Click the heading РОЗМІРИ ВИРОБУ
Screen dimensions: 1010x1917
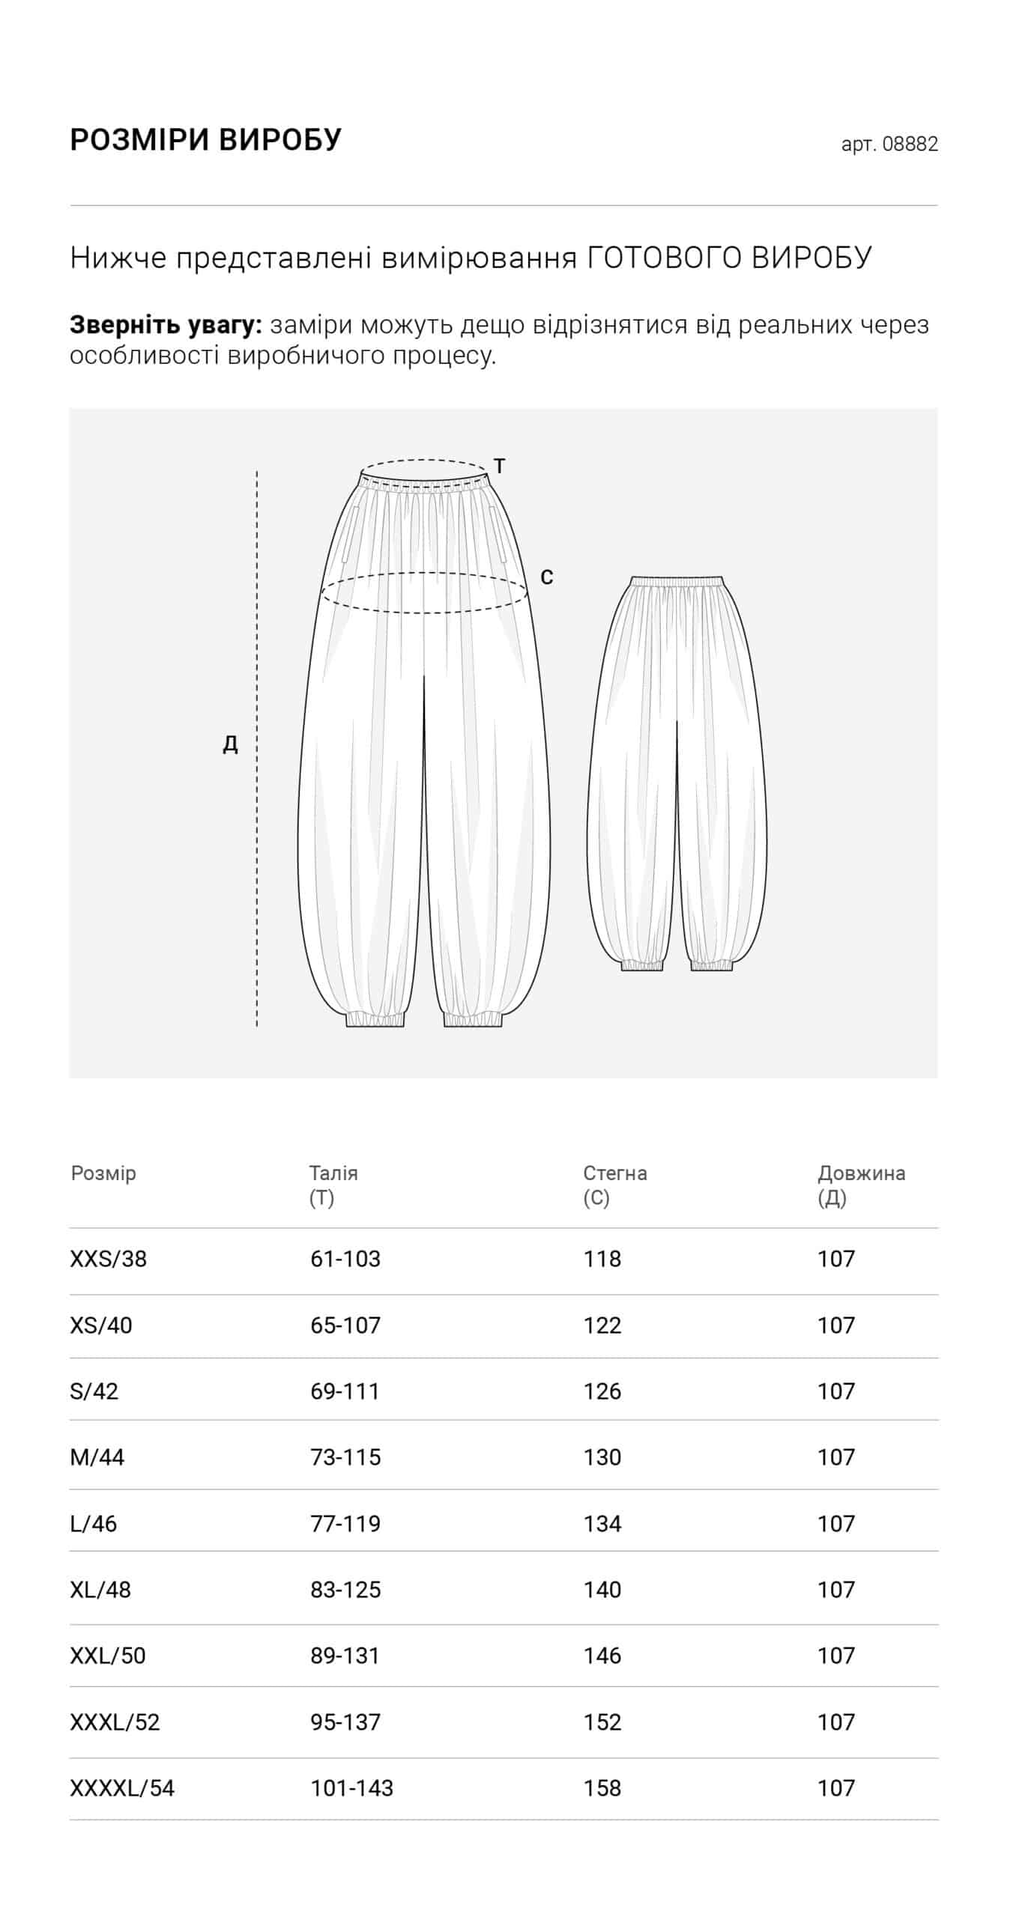tap(205, 140)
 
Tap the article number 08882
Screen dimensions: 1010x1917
tap(910, 144)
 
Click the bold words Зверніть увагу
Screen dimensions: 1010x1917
tap(166, 325)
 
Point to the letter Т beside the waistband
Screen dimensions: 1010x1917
tap(500, 466)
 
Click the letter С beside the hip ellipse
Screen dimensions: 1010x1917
tap(547, 577)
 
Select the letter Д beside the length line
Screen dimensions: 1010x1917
tap(231, 744)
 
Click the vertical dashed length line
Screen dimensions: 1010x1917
tap(257, 749)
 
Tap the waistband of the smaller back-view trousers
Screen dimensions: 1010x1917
tap(677, 581)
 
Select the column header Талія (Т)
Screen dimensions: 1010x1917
tap(333, 1185)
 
